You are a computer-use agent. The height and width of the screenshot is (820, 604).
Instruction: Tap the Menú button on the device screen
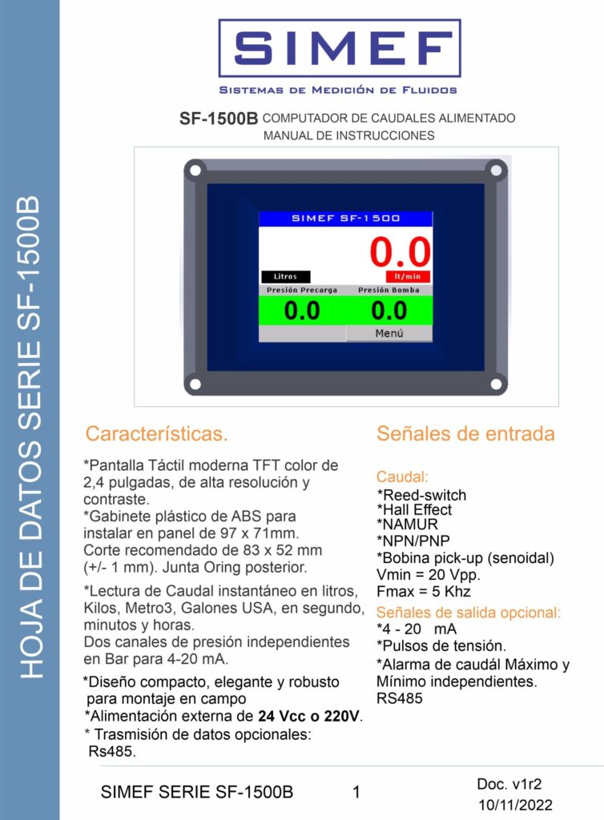coord(389,333)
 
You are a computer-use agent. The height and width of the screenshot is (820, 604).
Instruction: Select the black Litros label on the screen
coord(285,276)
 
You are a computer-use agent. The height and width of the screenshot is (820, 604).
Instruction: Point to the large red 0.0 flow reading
coord(400,252)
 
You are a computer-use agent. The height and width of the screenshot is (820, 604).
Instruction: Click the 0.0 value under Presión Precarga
coord(302,311)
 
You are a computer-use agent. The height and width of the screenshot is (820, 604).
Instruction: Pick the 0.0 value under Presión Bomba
coord(389,311)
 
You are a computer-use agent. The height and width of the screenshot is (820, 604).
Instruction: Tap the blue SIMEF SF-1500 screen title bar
coord(345,218)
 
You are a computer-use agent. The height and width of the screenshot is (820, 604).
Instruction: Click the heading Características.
coord(157,435)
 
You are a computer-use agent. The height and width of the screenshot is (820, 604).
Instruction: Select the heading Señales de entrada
coord(465,434)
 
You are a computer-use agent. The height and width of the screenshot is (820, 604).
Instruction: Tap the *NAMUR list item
coord(408,525)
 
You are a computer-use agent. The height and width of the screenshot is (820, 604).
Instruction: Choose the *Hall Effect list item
coord(414,509)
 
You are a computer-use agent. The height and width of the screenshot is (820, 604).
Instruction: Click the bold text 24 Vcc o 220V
coord(309,717)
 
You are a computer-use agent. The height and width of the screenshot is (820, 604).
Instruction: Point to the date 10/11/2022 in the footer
coord(515,805)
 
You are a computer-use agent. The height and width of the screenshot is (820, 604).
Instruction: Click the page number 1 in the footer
coord(356,793)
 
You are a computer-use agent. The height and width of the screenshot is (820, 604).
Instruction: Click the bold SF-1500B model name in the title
coord(218,119)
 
